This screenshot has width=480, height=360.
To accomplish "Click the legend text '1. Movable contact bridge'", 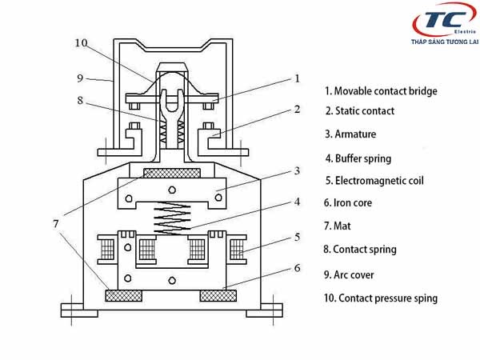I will pos(381,91).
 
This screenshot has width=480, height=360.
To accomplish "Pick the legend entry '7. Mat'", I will pos(338,226).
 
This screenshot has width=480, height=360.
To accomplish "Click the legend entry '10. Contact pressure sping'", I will pos(380,298).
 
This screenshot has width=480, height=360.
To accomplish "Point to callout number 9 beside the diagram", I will pos(80,78).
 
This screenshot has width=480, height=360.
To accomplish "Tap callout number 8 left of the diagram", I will pos(80,101).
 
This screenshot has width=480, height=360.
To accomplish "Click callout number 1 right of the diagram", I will pos(297,78).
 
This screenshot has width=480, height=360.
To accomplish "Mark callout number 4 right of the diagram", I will pos(297,202).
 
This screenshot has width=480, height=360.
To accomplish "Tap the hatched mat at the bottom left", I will pos(124,296).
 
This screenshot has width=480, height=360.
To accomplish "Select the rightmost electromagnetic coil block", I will pos(237,250).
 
